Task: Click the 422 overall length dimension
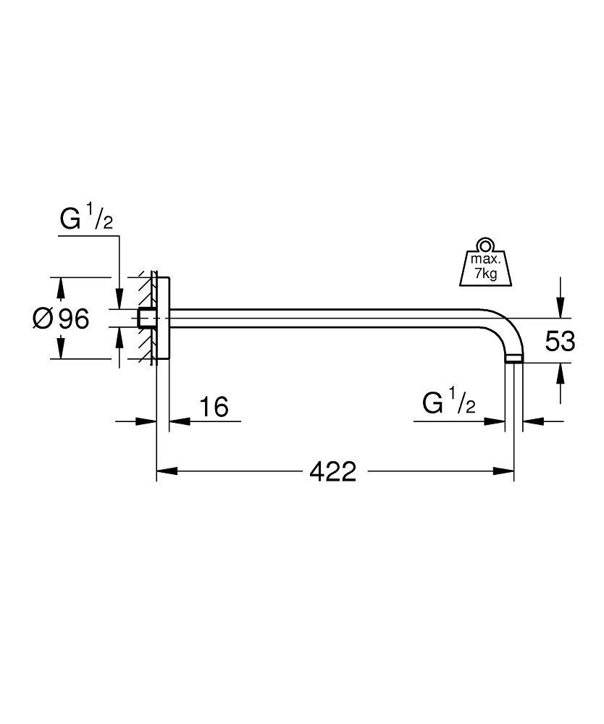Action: pos(333,471)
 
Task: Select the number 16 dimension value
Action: pos(214,407)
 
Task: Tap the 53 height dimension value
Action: pos(560,341)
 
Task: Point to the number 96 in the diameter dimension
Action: pos(74,318)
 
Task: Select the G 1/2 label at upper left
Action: pos(86,219)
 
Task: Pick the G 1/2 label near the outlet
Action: pos(448,403)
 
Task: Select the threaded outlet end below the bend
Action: pos(513,358)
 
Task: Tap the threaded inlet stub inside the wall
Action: pos(145,318)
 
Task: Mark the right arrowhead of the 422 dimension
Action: pos(505,471)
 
